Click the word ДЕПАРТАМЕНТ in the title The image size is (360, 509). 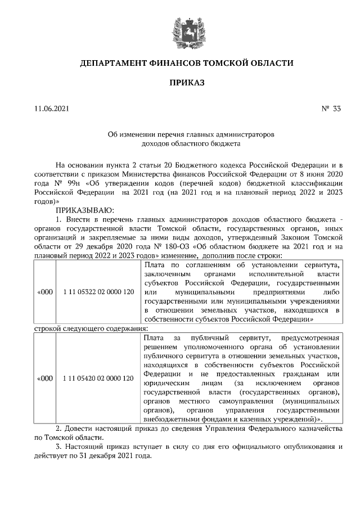point(114,63)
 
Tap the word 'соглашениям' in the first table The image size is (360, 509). point(198,264)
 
